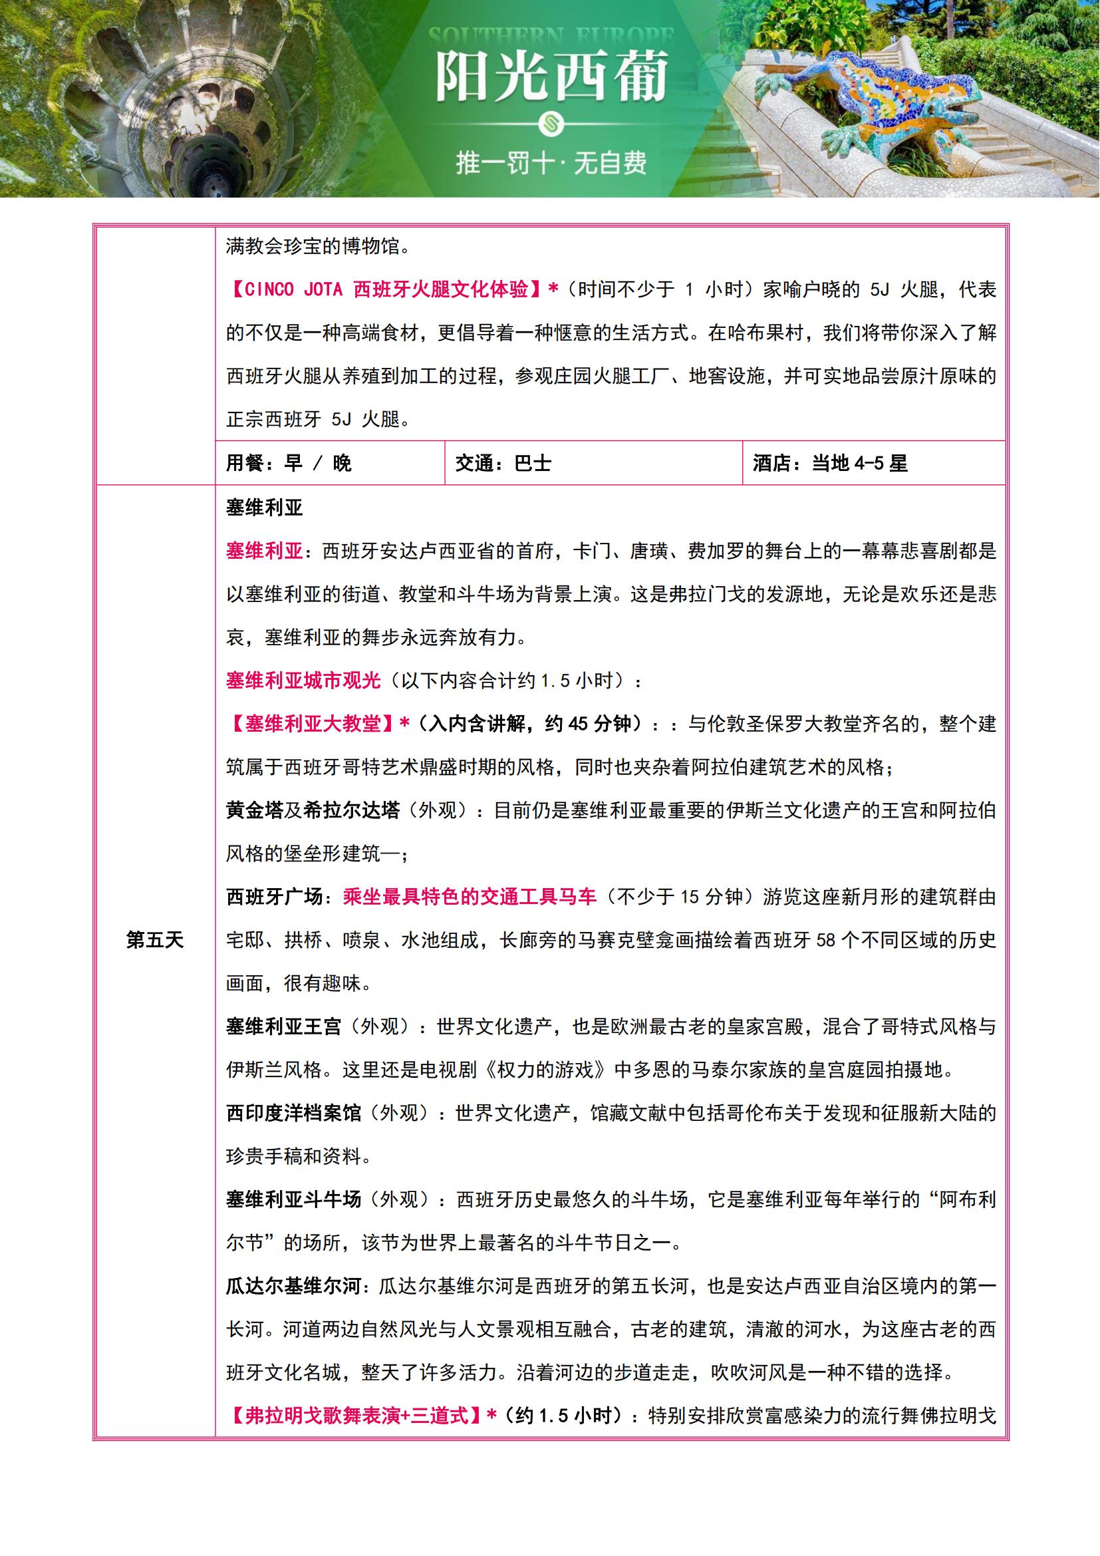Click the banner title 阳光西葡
(551, 77)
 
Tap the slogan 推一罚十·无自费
(551, 162)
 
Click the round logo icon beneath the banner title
(550, 122)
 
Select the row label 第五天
(155, 940)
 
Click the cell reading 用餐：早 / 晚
(289, 464)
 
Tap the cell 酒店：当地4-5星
(830, 464)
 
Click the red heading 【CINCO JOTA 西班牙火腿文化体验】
(387, 290)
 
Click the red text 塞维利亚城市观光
(303, 681)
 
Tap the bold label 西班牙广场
(274, 897)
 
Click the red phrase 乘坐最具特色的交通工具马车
(470, 897)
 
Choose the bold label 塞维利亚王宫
(284, 1027)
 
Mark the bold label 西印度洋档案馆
(293, 1114)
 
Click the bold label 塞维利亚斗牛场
(293, 1200)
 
